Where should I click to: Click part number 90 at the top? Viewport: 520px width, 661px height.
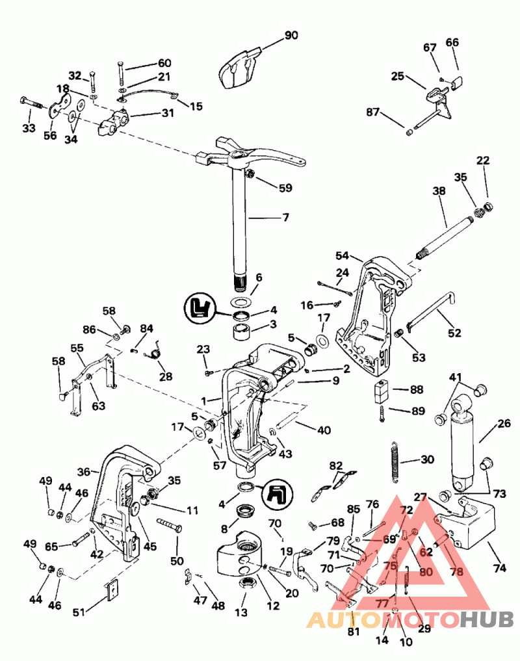(291, 35)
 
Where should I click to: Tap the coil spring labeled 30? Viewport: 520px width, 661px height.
(394, 462)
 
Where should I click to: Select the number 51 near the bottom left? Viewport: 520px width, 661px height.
(79, 613)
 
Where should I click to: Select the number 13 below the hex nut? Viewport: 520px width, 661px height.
(241, 612)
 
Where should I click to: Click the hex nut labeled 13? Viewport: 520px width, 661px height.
(248, 583)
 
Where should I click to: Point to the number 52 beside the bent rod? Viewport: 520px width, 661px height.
(454, 333)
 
